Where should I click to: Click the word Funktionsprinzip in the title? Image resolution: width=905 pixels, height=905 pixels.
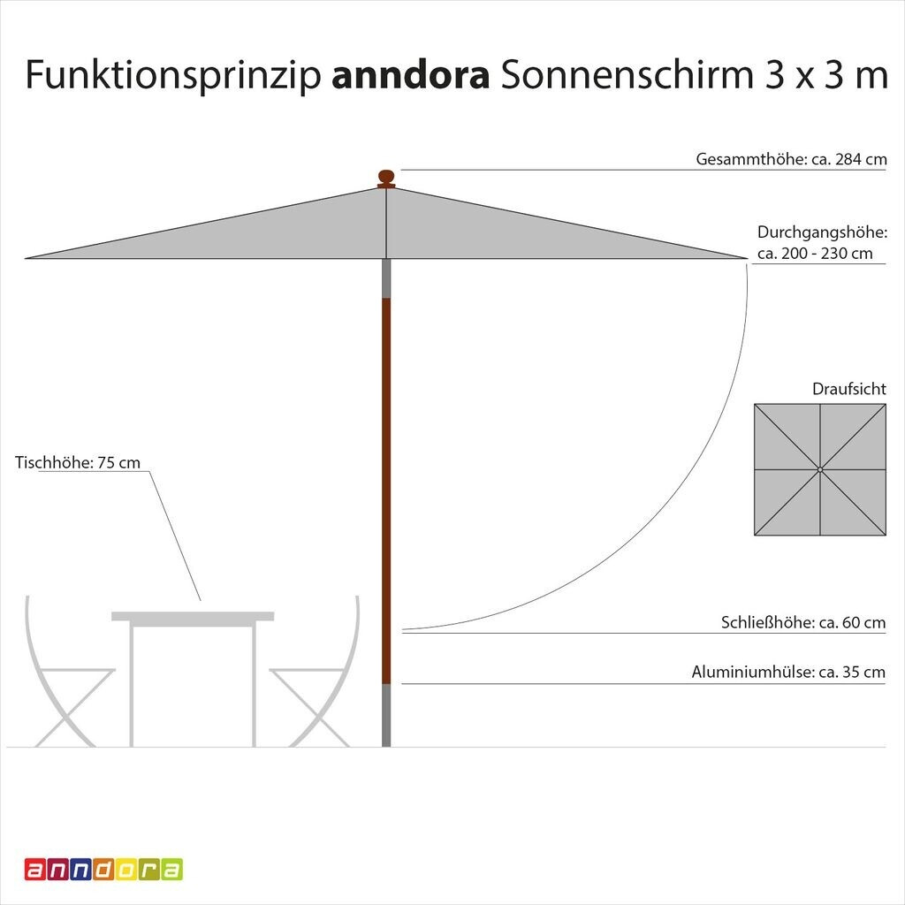[x=172, y=76]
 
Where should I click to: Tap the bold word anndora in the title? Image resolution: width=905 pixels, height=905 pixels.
[x=410, y=76]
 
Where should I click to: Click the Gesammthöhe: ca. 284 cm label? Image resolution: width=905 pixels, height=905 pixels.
[x=791, y=160]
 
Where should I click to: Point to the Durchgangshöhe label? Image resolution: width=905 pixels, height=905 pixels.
[x=822, y=232]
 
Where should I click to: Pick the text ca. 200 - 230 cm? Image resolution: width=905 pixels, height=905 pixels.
[x=815, y=254]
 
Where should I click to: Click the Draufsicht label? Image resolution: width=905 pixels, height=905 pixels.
[x=849, y=389]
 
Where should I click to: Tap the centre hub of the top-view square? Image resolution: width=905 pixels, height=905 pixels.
[x=820, y=469]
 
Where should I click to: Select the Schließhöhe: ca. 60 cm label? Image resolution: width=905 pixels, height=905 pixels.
[x=803, y=623]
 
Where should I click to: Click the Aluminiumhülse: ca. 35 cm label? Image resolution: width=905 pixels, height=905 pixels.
[x=788, y=673]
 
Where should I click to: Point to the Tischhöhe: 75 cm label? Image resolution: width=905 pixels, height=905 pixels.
[x=78, y=462]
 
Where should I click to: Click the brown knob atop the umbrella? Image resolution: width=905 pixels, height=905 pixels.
[x=386, y=178]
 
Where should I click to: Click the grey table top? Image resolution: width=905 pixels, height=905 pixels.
[x=193, y=616]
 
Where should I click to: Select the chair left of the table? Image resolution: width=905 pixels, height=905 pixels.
[x=66, y=681]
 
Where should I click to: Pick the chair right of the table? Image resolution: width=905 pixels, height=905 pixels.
[x=318, y=681]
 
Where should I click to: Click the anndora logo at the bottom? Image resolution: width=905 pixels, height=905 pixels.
[x=103, y=870]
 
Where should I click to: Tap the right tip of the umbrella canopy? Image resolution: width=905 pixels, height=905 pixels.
[x=745, y=258]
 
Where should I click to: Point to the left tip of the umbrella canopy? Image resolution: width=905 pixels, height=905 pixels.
[x=27, y=258]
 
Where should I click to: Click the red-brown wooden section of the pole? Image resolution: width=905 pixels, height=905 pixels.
[x=386, y=486]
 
